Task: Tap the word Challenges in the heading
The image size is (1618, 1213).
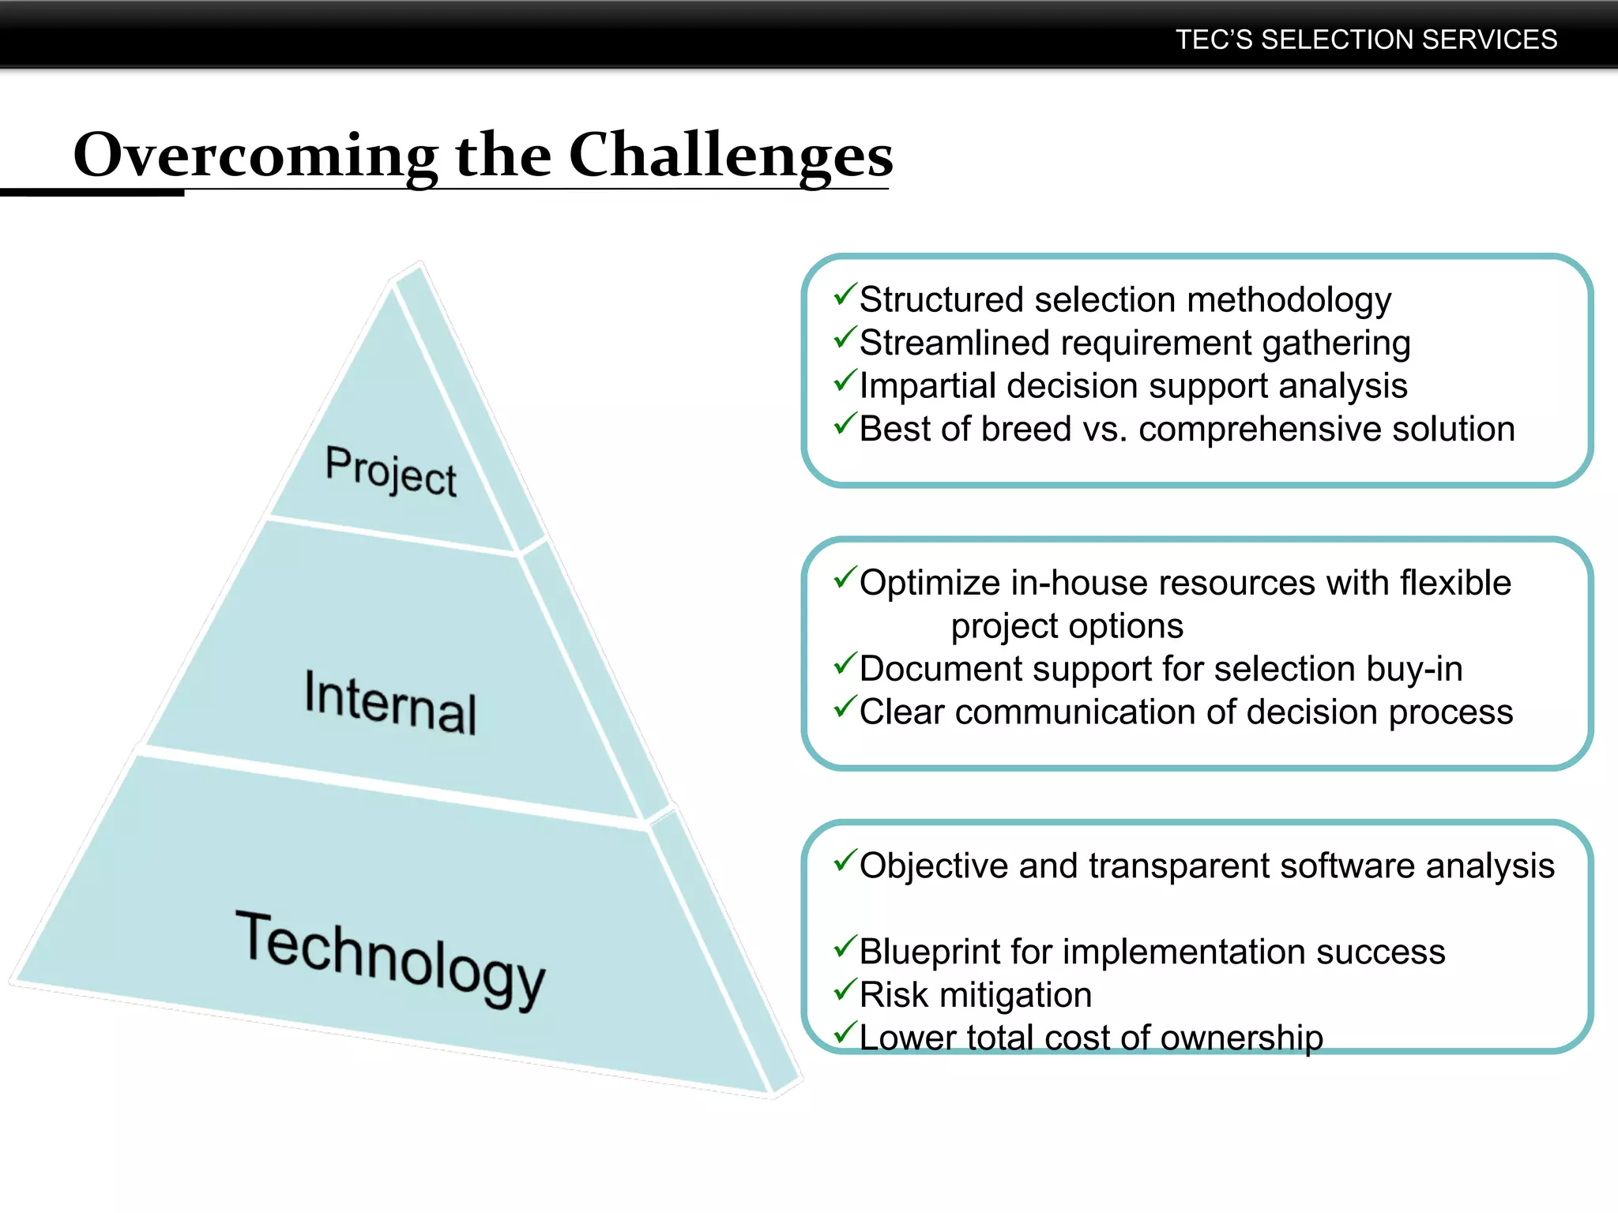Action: point(730,156)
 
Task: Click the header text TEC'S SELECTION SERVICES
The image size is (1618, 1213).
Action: point(1366,39)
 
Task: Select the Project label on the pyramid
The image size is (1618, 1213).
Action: point(391,471)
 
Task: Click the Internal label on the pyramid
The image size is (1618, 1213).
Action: point(391,701)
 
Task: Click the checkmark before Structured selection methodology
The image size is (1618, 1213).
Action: point(845,296)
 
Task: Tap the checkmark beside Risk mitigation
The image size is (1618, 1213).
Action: point(845,990)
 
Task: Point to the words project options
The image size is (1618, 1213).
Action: point(1067,626)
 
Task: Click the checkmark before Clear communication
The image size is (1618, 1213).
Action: point(845,708)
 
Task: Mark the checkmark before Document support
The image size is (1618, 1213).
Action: point(845,665)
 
